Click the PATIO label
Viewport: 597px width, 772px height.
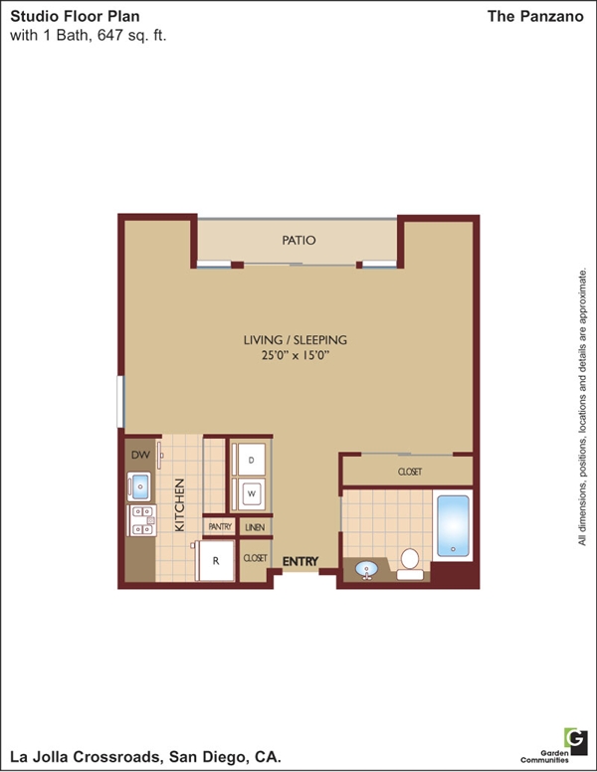click(298, 241)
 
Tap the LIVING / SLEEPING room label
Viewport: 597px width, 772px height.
click(296, 339)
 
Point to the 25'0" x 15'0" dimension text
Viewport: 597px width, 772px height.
click(296, 355)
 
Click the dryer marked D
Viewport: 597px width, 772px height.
click(251, 460)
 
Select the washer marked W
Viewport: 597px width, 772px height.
click(251, 493)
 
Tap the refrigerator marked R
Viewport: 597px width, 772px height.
click(215, 560)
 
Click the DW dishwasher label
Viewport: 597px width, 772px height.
click(140, 455)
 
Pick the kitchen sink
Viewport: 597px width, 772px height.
click(139, 486)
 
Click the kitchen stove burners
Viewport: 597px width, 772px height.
click(142, 520)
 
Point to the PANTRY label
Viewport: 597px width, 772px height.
click(220, 527)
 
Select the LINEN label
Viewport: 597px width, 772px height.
click(255, 527)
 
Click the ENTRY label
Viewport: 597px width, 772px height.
click(300, 561)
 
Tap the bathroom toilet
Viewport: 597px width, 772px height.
click(410, 564)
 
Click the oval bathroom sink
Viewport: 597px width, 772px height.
click(366, 570)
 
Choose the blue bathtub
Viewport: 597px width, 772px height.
click(453, 525)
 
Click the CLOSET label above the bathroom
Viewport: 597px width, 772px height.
click(410, 472)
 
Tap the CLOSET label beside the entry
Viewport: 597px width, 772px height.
click(255, 558)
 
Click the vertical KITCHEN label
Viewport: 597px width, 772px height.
click(180, 505)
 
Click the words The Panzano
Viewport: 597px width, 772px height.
click(535, 16)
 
